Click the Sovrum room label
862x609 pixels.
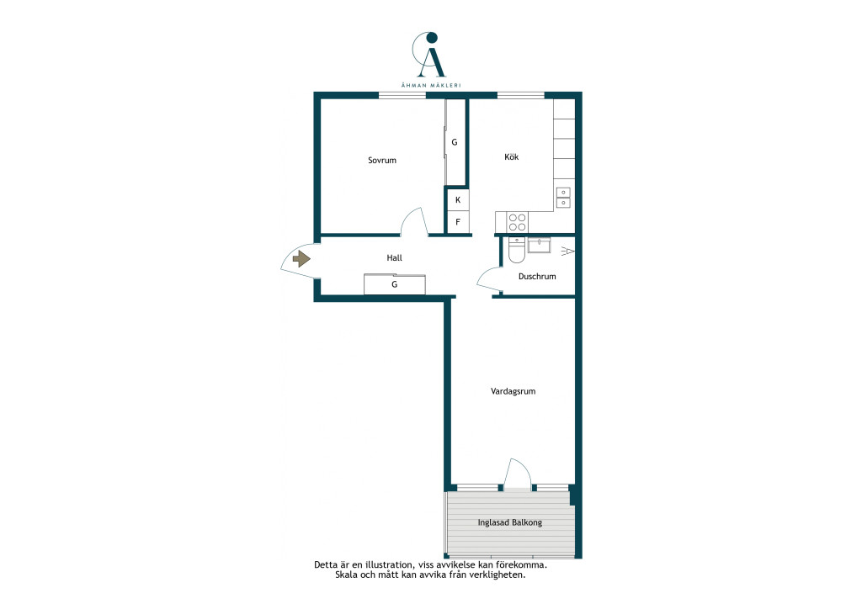coord(382,161)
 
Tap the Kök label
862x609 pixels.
coord(511,157)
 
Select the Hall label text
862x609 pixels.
coord(394,257)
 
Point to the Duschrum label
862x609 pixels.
coord(537,276)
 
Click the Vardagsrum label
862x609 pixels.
coord(513,391)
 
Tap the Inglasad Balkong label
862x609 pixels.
coord(509,522)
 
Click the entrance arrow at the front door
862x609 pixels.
coord(301,258)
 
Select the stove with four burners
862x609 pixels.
coord(517,222)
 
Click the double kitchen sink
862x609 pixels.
coord(563,198)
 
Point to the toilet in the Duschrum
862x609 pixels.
coord(517,250)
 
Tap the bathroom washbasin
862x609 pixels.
coord(540,245)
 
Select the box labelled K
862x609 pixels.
coord(457,200)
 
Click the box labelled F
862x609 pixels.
coord(457,222)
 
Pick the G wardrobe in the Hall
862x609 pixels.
coord(394,284)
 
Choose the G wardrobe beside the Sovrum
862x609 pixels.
coord(455,141)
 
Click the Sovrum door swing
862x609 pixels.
coord(414,222)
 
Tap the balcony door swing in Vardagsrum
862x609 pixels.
coord(518,474)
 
